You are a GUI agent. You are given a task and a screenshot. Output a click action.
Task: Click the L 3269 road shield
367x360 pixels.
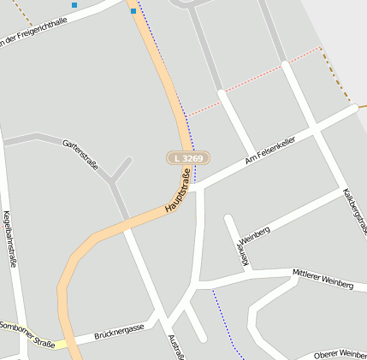tap(187, 158)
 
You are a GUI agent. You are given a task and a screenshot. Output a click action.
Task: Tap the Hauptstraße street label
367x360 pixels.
tap(177, 192)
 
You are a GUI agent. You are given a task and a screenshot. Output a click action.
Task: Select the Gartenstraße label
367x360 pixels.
tap(81, 155)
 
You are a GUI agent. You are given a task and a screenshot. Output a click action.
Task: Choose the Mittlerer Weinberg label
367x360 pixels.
tap(322, 279)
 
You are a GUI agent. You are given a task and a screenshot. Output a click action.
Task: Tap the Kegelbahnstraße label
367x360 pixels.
tap(10, 239)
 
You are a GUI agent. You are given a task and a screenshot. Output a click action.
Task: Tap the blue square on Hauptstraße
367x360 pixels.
tap(133, 11)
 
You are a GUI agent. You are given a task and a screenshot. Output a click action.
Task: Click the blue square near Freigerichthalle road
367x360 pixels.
tap(74, 5)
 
